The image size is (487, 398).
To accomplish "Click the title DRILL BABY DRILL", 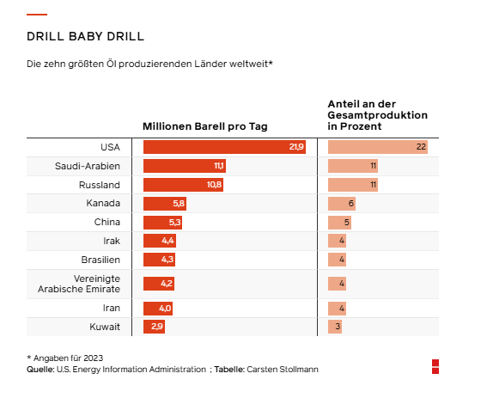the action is coord(85,36).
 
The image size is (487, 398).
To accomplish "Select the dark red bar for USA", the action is coord(224,147).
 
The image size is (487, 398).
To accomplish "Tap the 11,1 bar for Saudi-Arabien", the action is coord(185,166).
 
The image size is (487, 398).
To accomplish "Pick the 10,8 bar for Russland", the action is coord(183,185).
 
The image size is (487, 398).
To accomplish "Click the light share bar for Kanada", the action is coord(342,204).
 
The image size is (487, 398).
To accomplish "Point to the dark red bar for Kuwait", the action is coord(154,327).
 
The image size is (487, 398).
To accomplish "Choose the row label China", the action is coord(107,222).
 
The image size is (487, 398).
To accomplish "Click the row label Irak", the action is coord(112,241).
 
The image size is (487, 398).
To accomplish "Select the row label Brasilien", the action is coord(100,260).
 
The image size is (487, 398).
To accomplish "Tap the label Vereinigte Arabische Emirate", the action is coord(79,284).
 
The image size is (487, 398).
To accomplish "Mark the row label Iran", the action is coord(112,308).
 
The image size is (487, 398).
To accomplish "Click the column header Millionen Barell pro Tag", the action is coord(205,126).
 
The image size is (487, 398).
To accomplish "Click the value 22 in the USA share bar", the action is coord(421,147).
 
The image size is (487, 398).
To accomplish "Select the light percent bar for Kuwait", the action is coord(335,327).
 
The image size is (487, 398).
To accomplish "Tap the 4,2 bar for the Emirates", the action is coord(159,284).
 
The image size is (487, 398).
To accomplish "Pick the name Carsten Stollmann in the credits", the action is coord(283,370).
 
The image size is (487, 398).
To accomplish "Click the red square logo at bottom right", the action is coord(435,366).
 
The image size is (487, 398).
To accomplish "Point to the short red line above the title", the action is coord(37,15).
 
